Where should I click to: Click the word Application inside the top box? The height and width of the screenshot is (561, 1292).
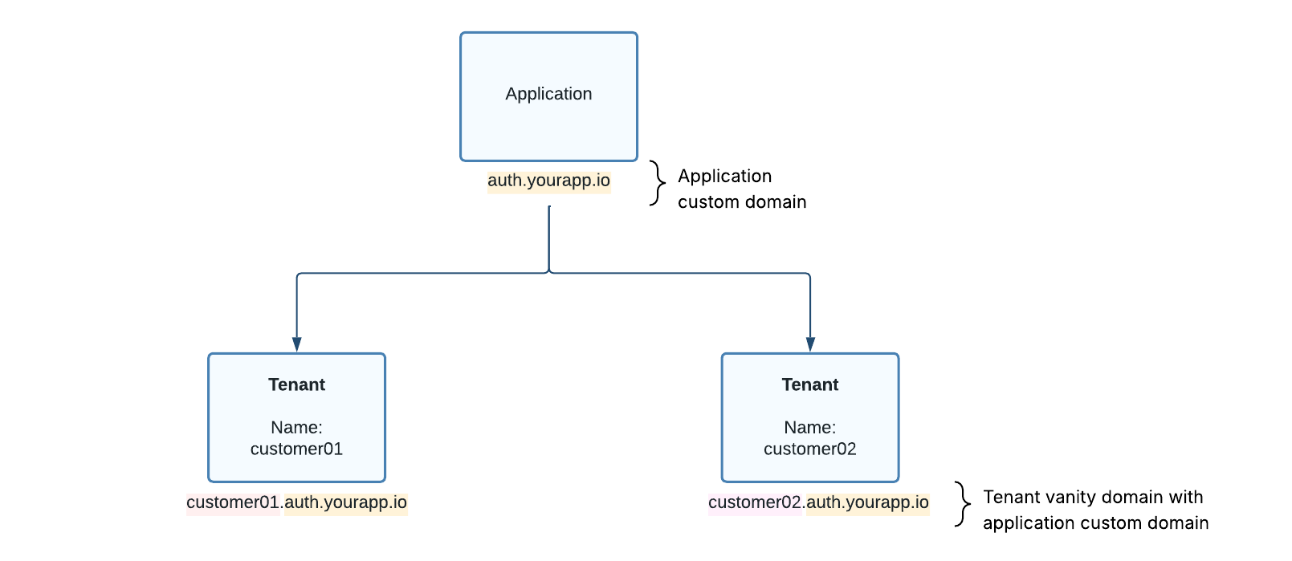click(x=548, y=94)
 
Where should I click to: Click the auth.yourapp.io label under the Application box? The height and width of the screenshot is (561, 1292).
click(x=548, y=181)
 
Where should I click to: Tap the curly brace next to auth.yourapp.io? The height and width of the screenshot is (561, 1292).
click(x=658, y=184)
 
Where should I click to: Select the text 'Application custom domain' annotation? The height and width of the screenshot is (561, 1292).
click(x=741, y=189)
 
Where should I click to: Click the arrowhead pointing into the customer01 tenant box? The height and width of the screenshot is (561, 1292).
click(x=296, y=344)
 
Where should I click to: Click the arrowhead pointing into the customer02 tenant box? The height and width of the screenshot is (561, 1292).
click(x=810, y=344)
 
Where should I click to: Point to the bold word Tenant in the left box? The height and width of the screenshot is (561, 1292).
click(x=296, y=384)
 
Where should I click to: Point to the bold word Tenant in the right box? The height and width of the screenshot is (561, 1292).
click(x=809, y=384)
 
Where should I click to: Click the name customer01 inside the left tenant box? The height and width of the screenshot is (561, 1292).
click(x=296, y=449)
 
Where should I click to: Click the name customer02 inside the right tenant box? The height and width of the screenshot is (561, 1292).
click(x=809, y=449)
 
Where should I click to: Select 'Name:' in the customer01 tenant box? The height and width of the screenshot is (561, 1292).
click(x=296, y=427)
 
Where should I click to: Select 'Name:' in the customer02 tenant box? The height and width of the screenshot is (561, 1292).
click(x=809, y=427)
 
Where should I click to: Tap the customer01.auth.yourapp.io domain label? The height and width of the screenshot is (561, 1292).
click(x=296, y=502)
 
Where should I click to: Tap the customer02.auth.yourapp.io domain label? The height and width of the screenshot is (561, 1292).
click(x=818, y=502)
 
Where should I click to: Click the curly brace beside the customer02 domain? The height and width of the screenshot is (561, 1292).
click(x=963, y=504)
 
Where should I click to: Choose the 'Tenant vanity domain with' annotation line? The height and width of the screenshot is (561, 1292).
click(x=1093, y=497)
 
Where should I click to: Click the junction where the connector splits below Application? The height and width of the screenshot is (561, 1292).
click(x=549, y=273)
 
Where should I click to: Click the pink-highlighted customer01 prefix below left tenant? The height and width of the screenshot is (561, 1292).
click(x=233, y=502)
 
